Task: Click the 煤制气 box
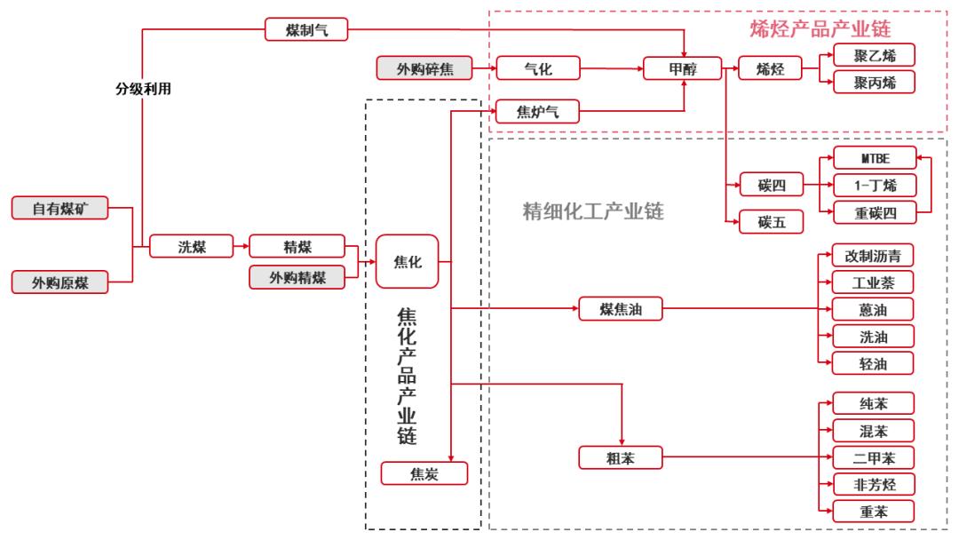click(306, 30)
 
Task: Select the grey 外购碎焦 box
click(424, 67)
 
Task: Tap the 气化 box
click(537, 67)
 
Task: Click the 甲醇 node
click(683, 68)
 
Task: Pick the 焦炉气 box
click(537, 111)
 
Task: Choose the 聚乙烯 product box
click(873, 55)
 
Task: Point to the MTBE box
click(873, 159)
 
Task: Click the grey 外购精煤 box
click(297, 277)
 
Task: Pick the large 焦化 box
click(408, 262)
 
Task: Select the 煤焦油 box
click(620, 309)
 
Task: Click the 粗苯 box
click(620, 458)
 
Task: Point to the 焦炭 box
click(424, 473)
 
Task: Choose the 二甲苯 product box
click(873, 458)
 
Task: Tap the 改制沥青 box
click(873, 256)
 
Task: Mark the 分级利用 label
click(142, 89)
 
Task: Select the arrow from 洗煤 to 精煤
click(239, 246)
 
